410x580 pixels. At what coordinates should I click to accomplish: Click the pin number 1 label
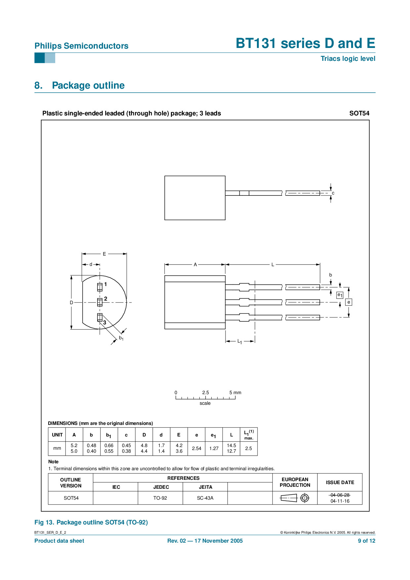[105, 284]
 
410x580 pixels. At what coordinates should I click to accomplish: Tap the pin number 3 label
[104, 322]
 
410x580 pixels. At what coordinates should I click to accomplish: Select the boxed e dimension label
[348, 302]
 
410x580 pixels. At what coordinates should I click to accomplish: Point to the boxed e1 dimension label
[340, 295]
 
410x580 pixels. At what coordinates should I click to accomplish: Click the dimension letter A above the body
[195, 265]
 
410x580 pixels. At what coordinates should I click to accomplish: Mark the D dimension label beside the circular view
[71, 303]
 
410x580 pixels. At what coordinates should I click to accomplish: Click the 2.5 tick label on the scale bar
[205, 393]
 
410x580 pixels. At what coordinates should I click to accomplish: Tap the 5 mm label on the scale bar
[235, 393]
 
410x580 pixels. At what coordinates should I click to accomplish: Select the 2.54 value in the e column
[196, 448]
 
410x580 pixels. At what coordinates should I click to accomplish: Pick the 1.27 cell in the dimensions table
[214, 448]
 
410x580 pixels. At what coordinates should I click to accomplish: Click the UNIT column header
[57, 435]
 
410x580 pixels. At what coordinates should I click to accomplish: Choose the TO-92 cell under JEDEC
[160, 498]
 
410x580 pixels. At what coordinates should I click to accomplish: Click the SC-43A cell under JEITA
[205, 498]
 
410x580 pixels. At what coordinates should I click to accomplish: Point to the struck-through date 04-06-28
[340, 495]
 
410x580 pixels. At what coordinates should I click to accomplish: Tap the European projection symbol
[295, 498]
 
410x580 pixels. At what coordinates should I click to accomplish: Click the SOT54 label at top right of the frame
[359, 113]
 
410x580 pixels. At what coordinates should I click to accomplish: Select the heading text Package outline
[88, 85]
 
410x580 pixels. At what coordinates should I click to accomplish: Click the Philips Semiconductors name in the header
[81, 46]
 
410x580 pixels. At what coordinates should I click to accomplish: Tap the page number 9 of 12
[366, 541]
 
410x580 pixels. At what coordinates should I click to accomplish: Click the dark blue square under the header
[39, 58]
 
